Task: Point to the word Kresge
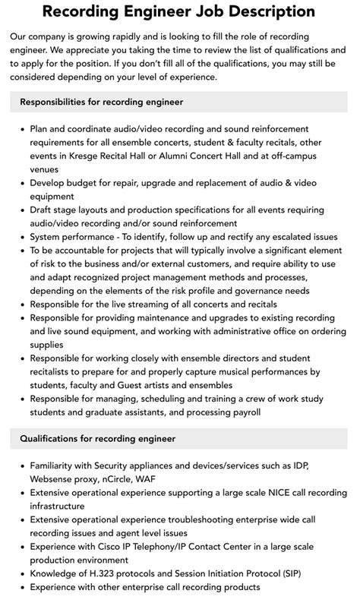coord(87,156)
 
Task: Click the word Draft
coord(43,210)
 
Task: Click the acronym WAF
coord(147,478)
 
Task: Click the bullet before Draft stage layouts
coord(21,210)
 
